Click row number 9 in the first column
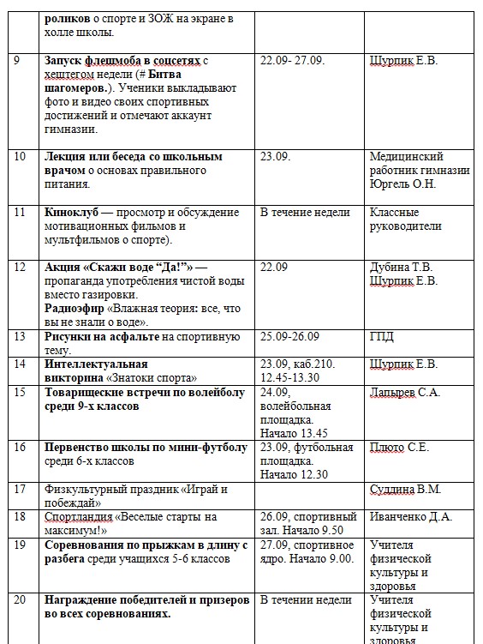coord(19,61)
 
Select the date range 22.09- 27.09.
coord(299,61)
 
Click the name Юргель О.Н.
coord(402,184)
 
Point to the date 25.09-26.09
coord(297,336)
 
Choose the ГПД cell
coord(382,337)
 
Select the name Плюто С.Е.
coord(399,447)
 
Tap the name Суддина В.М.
coord(405,489)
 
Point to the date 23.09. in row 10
coord(275,157)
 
